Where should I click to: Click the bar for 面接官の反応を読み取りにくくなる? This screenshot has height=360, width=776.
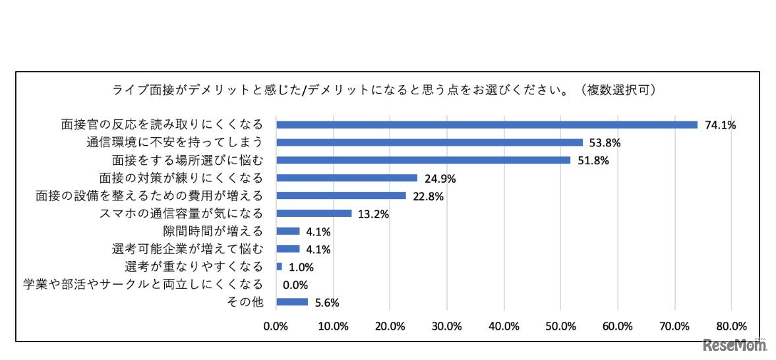[487, 125]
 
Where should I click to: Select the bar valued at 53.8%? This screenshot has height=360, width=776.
[429, 142]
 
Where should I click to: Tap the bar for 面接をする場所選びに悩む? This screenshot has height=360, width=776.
[423, 160]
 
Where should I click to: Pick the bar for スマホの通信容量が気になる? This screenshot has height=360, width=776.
[314, 213]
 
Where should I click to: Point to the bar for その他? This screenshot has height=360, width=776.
[292, 302]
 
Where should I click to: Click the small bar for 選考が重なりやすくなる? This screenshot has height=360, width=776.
[280, 266]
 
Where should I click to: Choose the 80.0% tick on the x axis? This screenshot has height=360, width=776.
[731, 326]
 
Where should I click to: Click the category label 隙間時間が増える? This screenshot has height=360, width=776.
[213, 231]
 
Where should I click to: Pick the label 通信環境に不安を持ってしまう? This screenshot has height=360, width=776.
[175, 142]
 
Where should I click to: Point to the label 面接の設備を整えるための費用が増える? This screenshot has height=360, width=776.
[149, 195]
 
